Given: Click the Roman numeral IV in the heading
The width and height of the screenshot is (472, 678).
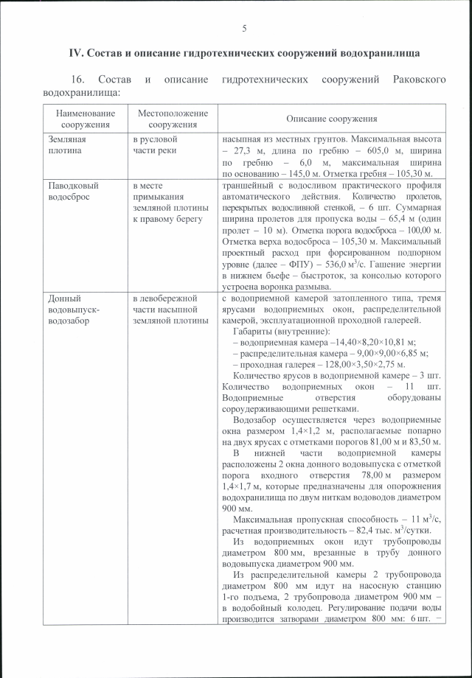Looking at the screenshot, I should click(74, 53).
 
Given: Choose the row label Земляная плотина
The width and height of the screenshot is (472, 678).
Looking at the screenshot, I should click(68, 144).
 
